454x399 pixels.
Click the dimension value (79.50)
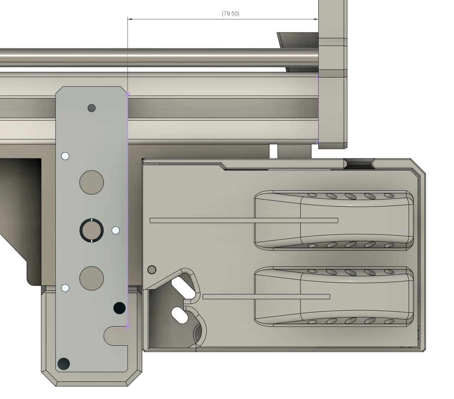pyautogui.click(x=230, y=14)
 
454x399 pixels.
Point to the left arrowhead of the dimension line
pyautogui.click(x=129, y=19)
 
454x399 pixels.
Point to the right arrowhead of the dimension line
pyautogui.click(x=316, y=19)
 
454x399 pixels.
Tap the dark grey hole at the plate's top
pyautogui.click(x=91, y=108)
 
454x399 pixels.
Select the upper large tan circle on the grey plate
pyautogui.click(x=91, y=182)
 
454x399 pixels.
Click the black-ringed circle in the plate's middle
pyautogui.click(x=91, y=230)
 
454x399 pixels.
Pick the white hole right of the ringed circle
pyautogui.click(x=115, y=230)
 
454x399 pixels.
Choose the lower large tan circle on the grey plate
pyautogui.click(x=91, y=278)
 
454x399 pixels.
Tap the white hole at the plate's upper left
pyautogui.click(x=65, y=156)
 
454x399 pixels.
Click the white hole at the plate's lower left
pyautogui.click(x=65, y=288)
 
